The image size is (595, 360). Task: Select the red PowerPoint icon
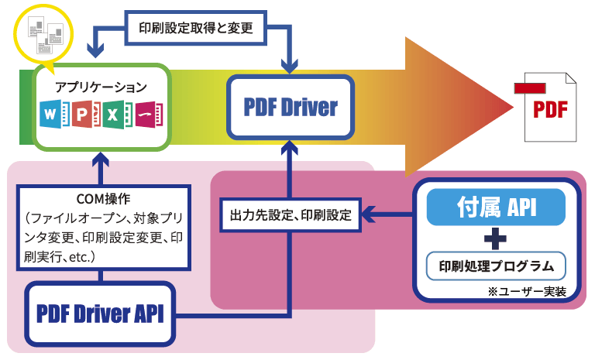click(84, 117)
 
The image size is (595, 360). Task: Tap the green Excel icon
click(115, 117)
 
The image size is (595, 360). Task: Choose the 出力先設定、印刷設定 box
click(291, 214)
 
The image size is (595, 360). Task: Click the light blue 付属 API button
click(496, 207)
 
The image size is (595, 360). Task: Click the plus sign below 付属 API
click(496, 237)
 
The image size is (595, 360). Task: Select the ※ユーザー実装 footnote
click(526, 292)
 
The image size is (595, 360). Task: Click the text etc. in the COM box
click(82, 254)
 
